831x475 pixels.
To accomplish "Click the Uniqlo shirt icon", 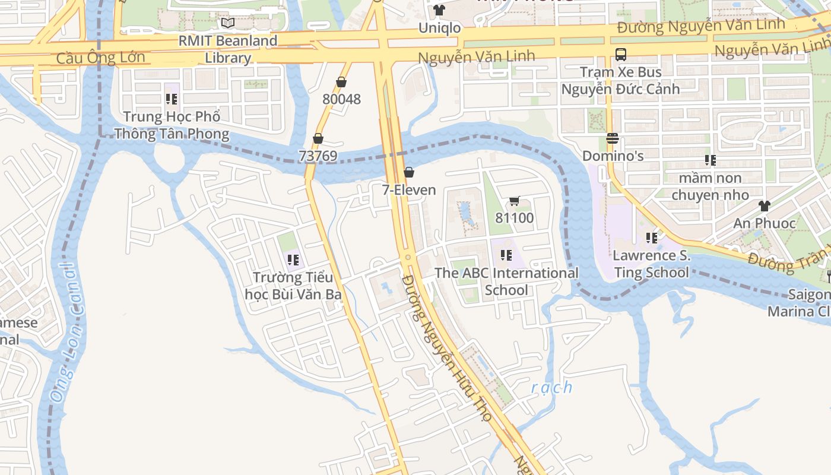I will (x=439, y=10).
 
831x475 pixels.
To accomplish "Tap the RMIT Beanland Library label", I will (x=229, y=49).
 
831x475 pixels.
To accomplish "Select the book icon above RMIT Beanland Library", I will (x=228, y=23).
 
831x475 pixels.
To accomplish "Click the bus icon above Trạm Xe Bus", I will (x=620, y=55).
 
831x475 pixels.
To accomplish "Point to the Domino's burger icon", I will (x=613, y=138).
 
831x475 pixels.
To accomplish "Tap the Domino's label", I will (x=613, y=156).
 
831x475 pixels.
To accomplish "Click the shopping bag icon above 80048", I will (x=341, y=82).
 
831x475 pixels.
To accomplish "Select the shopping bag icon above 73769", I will (x=318, y=139).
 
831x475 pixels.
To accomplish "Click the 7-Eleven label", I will (x=408, y=190).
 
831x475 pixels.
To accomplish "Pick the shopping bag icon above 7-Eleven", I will (x=408, y=173).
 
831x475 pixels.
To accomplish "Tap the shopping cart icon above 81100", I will (x=514, y=201).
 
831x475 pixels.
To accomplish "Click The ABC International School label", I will (x=506, y=281).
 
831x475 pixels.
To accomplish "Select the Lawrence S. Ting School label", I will (x=651, y=264).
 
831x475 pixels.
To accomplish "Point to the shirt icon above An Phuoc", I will (x=764, y=206).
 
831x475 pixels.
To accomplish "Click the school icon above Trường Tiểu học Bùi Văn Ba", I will (x=293, y=260).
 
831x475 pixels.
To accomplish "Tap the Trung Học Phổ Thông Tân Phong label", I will (x=172, y=125).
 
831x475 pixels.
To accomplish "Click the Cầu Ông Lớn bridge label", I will (x=100, y=58).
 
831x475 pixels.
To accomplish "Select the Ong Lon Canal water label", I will (x=65, y=332).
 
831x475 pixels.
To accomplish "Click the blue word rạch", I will (x=551, y=388).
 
